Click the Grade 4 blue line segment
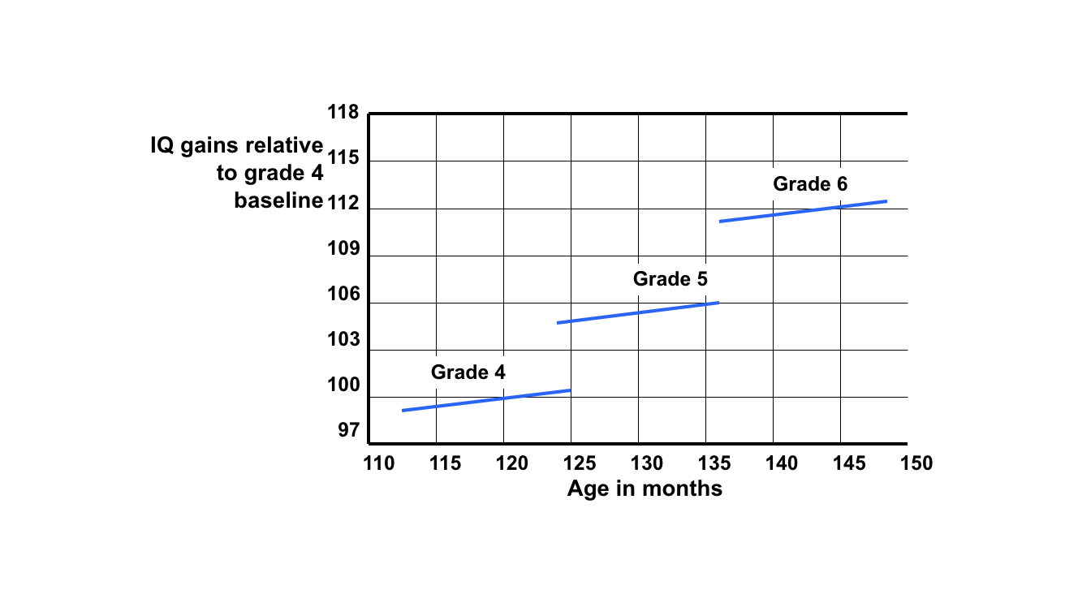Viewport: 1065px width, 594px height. pos(486,400)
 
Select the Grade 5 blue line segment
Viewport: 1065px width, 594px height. pos(637,312)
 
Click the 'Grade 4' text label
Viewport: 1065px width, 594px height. pos(468,372)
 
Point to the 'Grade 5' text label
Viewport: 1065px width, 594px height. pos(670,279)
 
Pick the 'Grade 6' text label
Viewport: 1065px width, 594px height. pos(810,184)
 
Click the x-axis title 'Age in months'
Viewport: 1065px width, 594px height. pos(645,489)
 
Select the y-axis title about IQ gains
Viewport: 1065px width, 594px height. pos(237,173)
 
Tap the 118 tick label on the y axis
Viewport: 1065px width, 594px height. pos(343,113)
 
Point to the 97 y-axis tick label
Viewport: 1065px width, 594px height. pos(347,431)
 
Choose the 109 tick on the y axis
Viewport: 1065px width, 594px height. pos(343,248)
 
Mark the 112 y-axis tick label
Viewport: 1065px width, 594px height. pos(343,203)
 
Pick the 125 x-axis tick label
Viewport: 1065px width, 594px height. pos(580,464)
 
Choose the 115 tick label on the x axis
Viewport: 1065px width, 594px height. pos(445,464)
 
